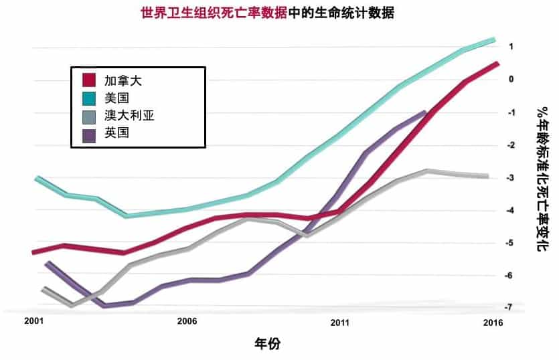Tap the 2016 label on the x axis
point(493,323)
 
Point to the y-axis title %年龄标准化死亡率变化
point(542,179)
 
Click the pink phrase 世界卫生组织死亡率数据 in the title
point(214,13)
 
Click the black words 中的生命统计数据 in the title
point(341,13)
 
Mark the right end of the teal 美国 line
point(493,40)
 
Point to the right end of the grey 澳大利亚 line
point(487,176)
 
